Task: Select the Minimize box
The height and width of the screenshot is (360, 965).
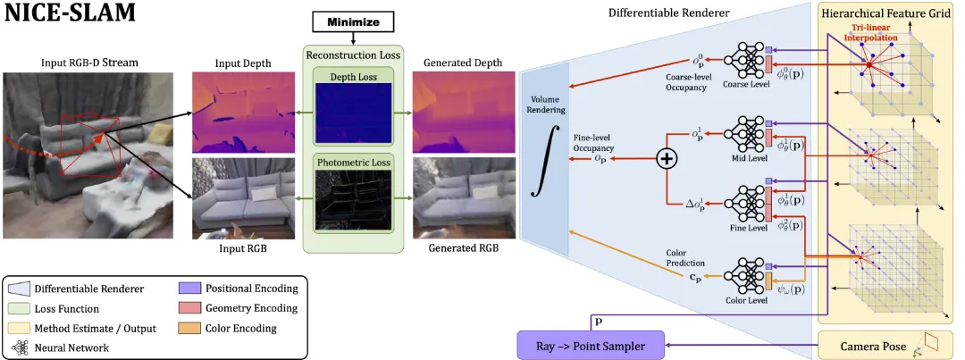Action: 353,23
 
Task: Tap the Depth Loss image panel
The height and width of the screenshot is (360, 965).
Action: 353,113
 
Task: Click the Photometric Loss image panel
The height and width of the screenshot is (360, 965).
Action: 353,201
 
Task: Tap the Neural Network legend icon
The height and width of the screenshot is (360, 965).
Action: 19,348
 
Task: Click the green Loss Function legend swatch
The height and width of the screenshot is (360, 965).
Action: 19,308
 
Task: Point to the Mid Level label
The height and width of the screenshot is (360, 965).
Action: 746,158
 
